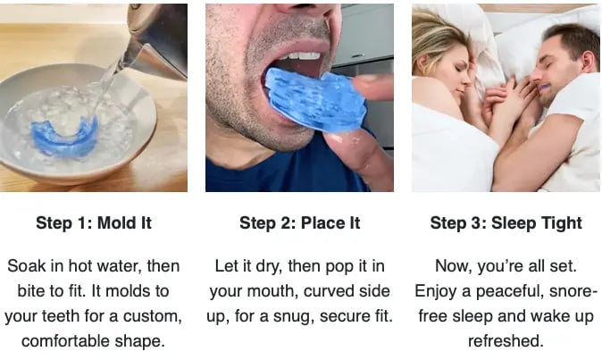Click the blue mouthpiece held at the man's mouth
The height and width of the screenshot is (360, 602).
click(313, 100)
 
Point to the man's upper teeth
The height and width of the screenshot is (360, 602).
click(304, 56)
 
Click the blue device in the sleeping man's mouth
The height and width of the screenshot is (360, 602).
click(546, 88)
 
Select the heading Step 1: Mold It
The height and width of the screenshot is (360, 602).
click(94, 223)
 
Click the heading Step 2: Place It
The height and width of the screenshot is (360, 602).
click(299, 223)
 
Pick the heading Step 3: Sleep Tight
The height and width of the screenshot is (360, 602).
click(506, 223)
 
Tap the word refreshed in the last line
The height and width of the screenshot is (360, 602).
click(506, 341)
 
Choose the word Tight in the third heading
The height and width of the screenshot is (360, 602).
click(561, 223)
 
